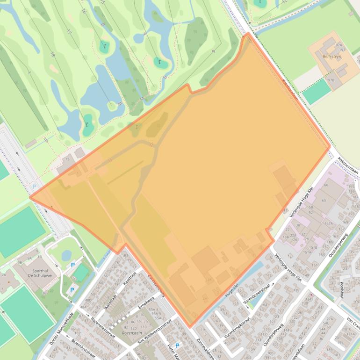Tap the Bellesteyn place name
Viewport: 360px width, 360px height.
[x=331, y=56]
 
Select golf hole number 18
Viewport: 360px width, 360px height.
[x=52, y=55]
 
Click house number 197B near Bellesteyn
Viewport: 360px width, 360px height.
[x=330, y=80]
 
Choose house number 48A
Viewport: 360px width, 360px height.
[x=85, y=307]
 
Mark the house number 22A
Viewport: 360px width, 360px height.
[x=293, y=236]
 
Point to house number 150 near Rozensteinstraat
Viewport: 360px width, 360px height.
[x=109, y=324]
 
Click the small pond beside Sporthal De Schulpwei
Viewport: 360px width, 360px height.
[x=66, y=255]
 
